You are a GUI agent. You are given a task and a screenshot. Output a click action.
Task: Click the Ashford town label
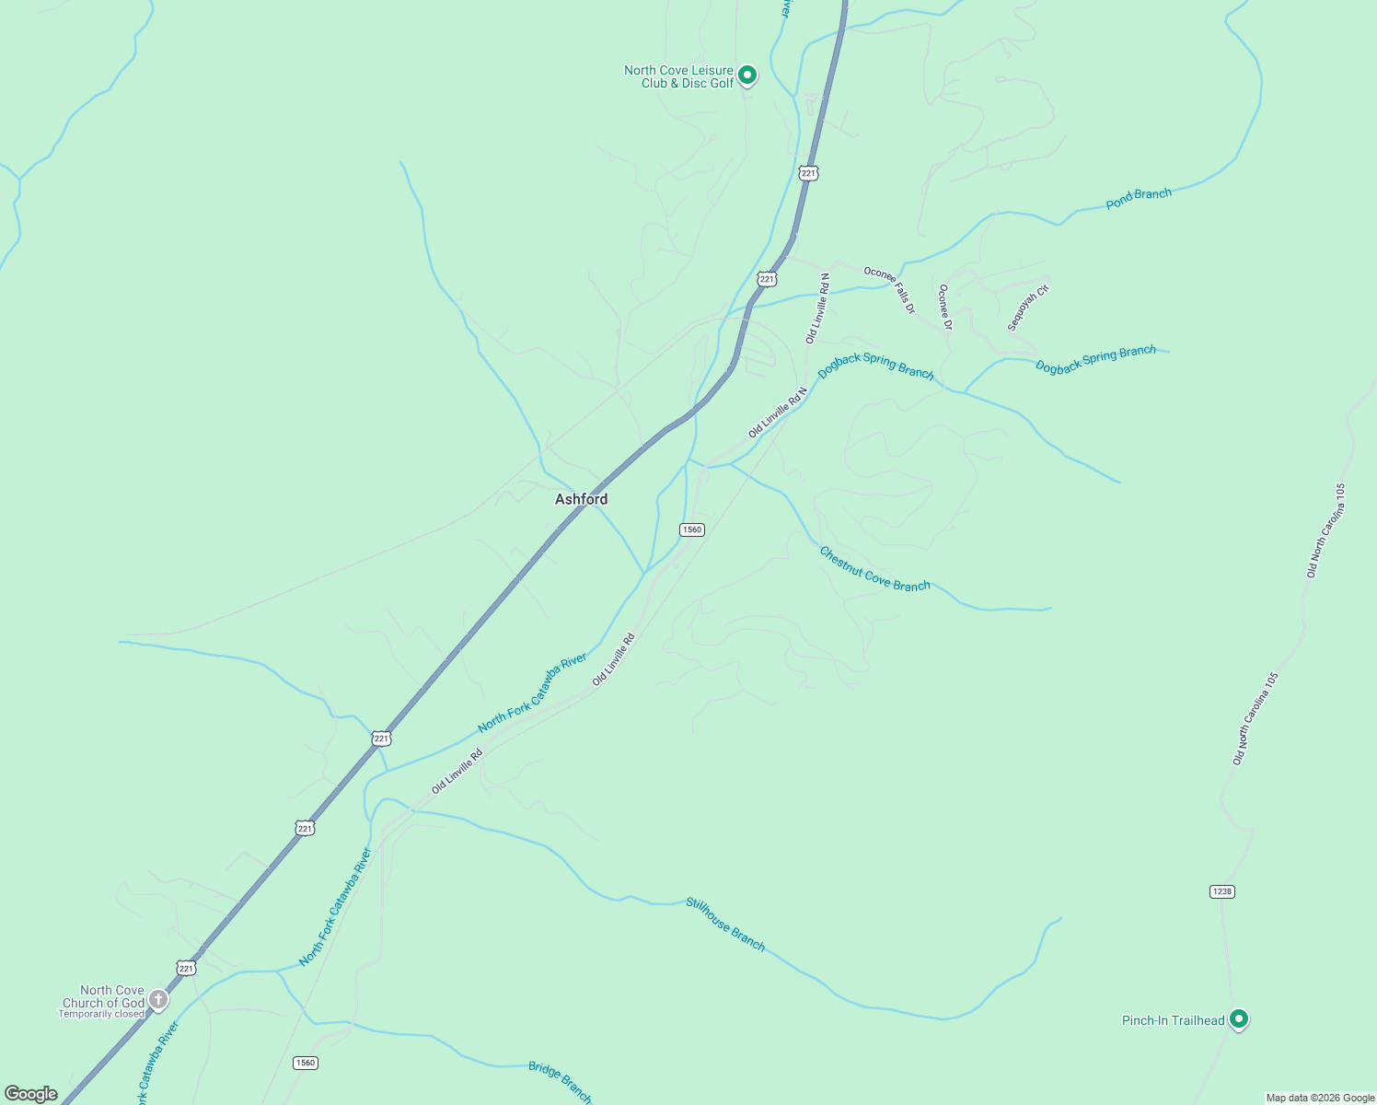[x=581, y=499]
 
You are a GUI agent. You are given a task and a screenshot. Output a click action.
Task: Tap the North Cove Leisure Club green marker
[x=747, y=75]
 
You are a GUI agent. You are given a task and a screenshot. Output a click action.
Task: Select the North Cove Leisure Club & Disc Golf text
[x=679, y=76]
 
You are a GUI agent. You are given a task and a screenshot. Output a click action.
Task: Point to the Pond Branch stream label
[x=1139, y=198]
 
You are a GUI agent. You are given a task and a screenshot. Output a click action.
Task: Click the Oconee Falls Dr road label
[x=889, y=290]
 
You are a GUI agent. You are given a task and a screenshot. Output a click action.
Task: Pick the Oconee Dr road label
[x=944, y=307]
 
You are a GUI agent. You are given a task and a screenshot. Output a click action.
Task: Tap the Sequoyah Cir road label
[x=1027, y=308]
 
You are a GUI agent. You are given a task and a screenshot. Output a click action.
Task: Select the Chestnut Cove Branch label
[x=874, y=569]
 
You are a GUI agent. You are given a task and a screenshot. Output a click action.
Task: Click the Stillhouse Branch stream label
[x=725, y=924]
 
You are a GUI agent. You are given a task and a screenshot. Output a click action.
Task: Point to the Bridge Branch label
[x=560, y=1081]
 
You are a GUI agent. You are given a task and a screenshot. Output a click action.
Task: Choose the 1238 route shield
[x=1221, y=891]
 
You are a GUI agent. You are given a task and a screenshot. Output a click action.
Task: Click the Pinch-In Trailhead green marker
[x=1239, y=1018]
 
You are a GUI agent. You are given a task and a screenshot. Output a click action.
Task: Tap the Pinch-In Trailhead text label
[x=1173, y=1020]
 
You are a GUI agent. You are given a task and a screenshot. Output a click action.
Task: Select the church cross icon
[x=158, y=998]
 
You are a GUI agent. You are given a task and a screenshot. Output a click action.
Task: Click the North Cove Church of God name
[x=103, y=996]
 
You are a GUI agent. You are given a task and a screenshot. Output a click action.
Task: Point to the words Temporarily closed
[x=101, y=1014]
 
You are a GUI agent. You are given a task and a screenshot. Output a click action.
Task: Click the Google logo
[x=30, y=1094]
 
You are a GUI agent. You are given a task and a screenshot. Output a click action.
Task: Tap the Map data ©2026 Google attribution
[x=1320, y=1098]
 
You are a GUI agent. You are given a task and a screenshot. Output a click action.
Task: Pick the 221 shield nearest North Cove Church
[x=187, y=968]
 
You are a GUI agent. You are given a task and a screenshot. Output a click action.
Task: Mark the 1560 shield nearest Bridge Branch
[x=305, y=1063]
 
